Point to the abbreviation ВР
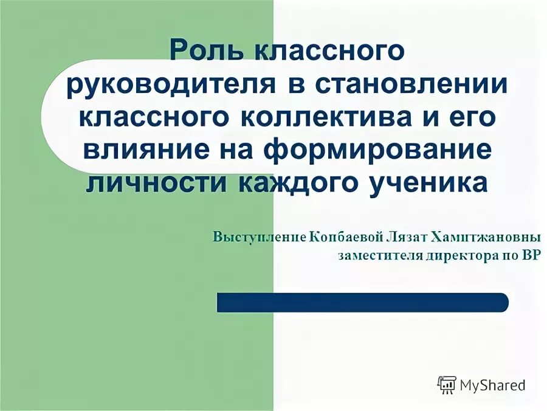530,255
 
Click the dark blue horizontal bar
362,302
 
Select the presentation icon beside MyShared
447,384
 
